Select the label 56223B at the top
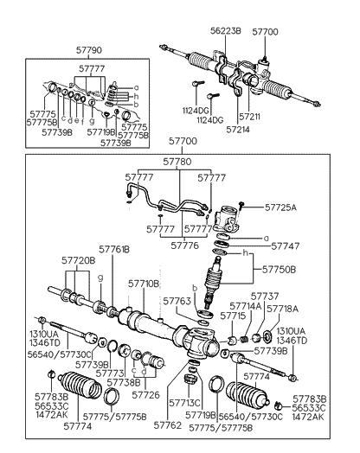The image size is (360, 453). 228,30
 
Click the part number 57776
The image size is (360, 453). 186,246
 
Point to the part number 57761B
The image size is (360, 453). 114,249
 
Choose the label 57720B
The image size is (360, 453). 78,259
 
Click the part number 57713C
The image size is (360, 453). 184,403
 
